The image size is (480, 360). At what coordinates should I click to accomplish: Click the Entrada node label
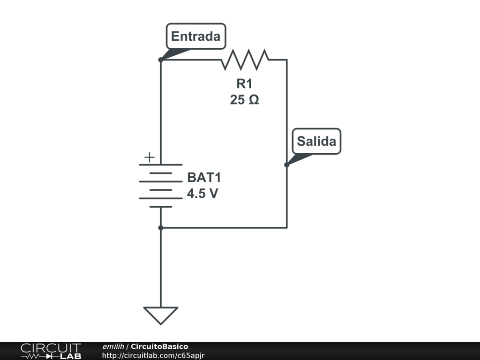coord(195,36)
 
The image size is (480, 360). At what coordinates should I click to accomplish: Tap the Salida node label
coord(316,141)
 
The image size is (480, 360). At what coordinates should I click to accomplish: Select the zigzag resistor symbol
coord(245,60)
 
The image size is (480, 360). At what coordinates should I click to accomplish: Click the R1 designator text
coord(244,84)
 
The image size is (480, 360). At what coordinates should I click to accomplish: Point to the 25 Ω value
coord(244,100)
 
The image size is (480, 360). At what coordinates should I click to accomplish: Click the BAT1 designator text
coord(203,178)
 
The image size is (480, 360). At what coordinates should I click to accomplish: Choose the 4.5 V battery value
coord(202,194)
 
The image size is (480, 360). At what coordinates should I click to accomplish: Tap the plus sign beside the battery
coord(149,157)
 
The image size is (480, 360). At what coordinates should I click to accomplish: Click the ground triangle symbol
coord(161,315)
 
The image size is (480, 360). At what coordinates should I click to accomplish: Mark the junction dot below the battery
coord(161,228)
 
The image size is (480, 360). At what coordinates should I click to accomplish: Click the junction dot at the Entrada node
coord(161,60)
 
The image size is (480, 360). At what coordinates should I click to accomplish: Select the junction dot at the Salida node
coord(286,165)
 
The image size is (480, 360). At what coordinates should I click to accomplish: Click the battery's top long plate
coord(161,165)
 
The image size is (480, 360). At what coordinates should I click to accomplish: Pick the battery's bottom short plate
coord(161,207)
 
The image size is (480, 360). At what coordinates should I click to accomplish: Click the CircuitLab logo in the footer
coord(51,351)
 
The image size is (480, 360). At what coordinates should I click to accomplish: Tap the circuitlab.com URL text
coord(153,355)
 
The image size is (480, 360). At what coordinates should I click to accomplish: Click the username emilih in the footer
coord(113,346)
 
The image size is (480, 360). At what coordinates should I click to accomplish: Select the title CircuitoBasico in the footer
coord(159,346)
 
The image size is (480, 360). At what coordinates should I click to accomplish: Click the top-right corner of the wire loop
coord(286,60)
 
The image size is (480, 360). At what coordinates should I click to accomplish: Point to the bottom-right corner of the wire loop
coord(286,228)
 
